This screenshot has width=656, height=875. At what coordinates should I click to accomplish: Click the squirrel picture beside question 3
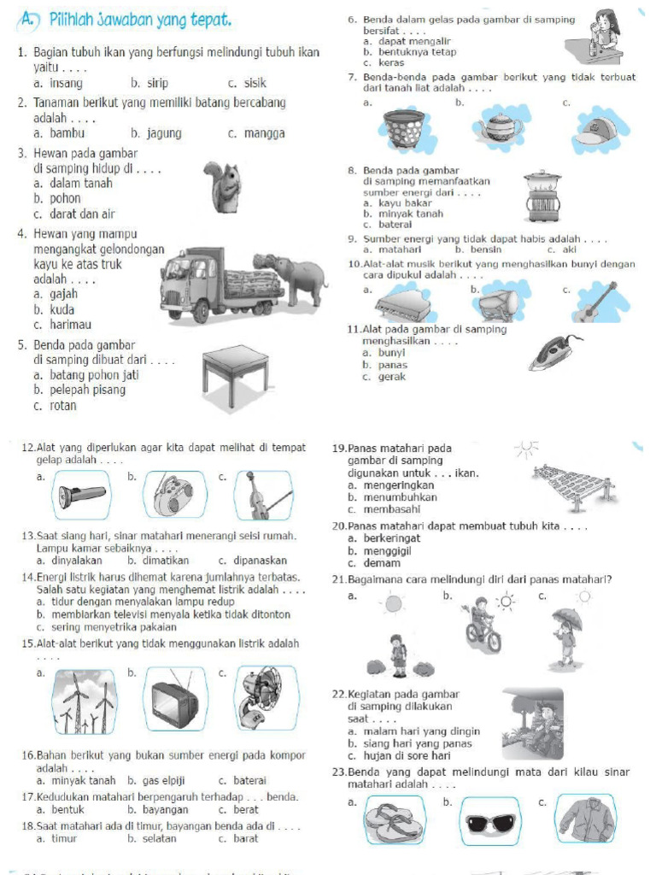(x=225, y=187)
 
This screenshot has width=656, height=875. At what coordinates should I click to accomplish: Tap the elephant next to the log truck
(x=296, y=278)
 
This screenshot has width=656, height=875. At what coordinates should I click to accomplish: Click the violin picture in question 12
(x=260, y=496)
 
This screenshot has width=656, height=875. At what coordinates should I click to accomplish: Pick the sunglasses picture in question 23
(x=489, y=822)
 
